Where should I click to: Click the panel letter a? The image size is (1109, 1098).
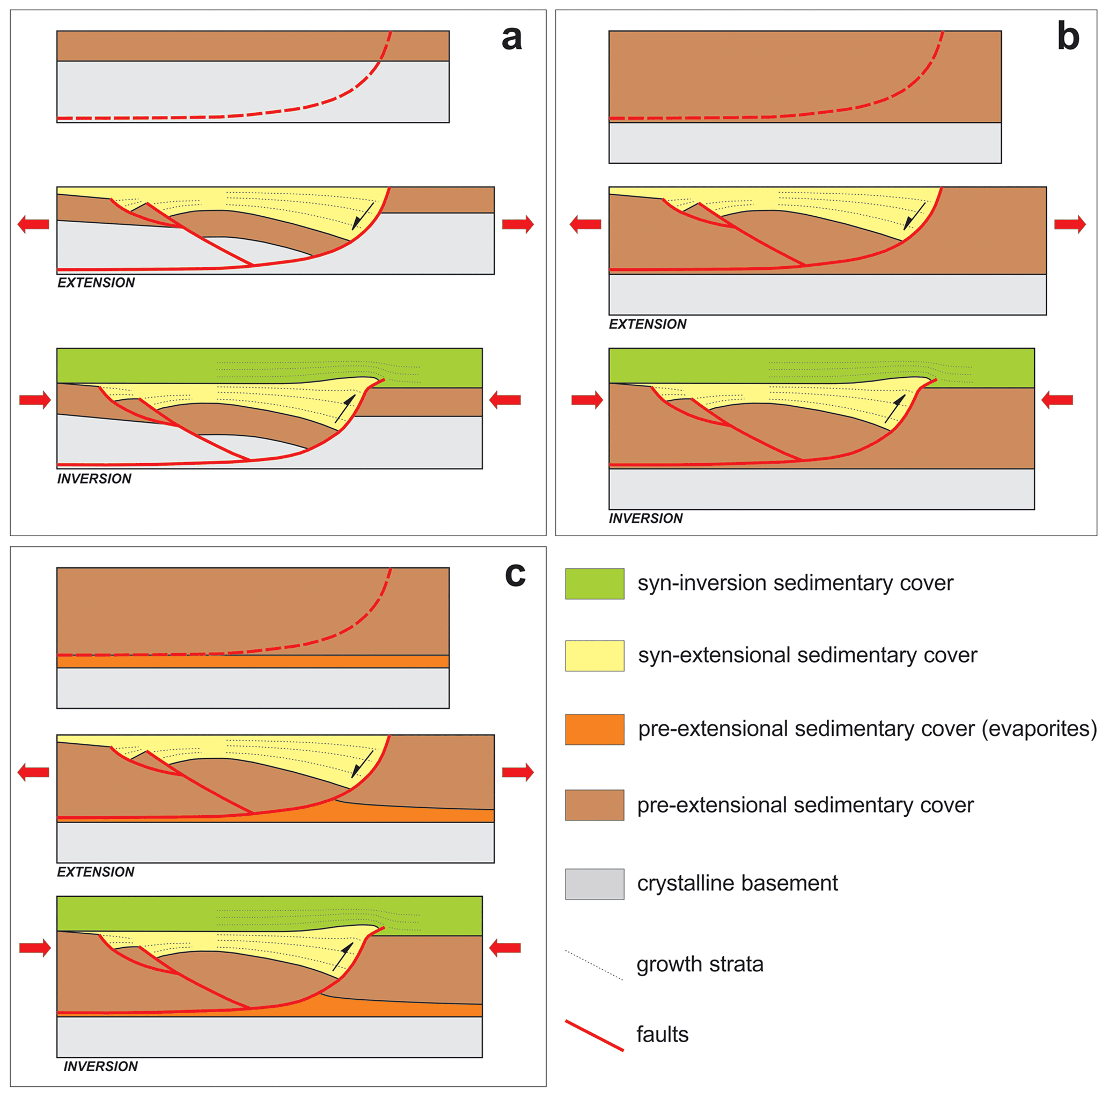coord(511,39)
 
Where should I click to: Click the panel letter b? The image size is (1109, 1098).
coord(1068,36)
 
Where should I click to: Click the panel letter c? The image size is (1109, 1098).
coord(515,574)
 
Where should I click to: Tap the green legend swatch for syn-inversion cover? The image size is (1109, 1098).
coord(594,583)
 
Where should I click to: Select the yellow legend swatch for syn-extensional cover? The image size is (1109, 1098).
coord(594,655)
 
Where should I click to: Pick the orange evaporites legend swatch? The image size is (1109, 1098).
coord(594,729)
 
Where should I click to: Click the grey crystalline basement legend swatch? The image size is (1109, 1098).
coord(594,884)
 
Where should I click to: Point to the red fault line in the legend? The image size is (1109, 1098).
coord(594,1035)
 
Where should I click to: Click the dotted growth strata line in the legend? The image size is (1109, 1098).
coord(594,965)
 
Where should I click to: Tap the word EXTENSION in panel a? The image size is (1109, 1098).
coord(96,282)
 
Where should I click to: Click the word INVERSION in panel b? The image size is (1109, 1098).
coord(646,518)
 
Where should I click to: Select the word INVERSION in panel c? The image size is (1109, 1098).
coord(100,1066)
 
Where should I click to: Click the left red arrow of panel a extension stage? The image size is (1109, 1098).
coord(33,224)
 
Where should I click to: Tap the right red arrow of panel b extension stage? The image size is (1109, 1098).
coord(1070,224)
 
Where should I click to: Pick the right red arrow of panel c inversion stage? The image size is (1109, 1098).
coord(505,948)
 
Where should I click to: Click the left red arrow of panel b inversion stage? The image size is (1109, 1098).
coord(587,400)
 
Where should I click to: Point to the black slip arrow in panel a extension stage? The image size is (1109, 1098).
coord(362,216)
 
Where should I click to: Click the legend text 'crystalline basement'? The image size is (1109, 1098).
coord(737,883)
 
